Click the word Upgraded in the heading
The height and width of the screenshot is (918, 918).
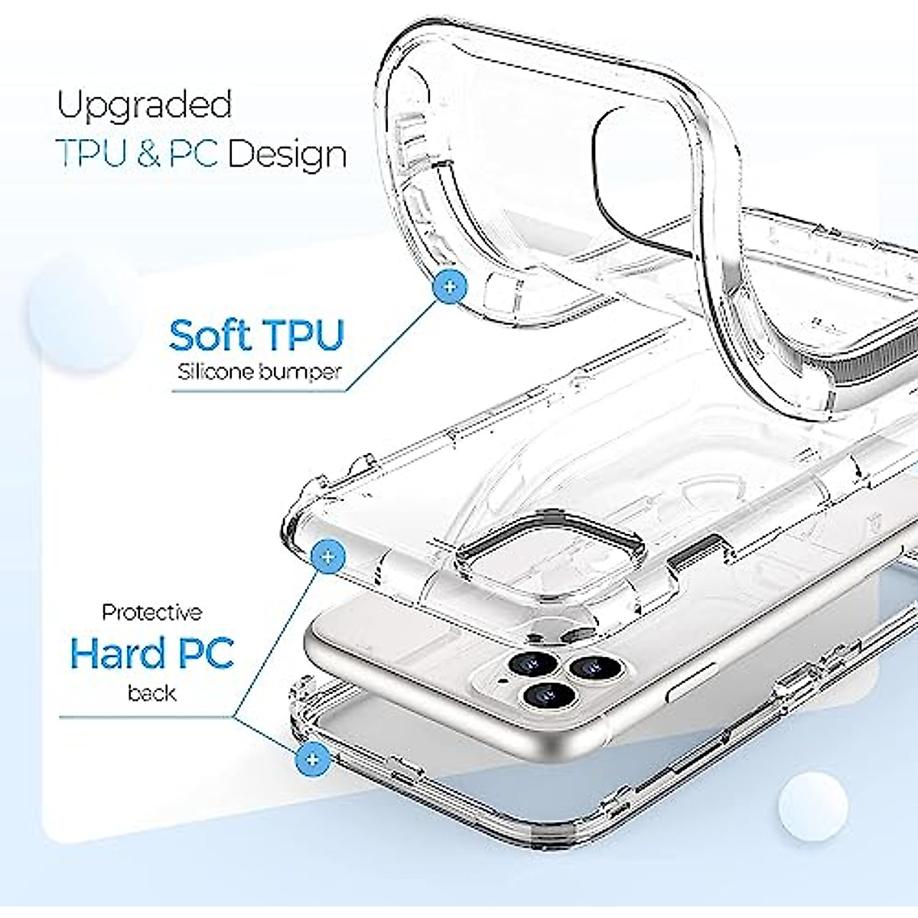click(144, 106)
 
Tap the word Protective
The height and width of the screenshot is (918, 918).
click(152, 612)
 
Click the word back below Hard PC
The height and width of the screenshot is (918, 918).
click(152, 693)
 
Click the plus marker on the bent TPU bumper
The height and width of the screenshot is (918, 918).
click(450, 288)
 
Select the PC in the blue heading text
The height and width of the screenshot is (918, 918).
click(194, 154)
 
